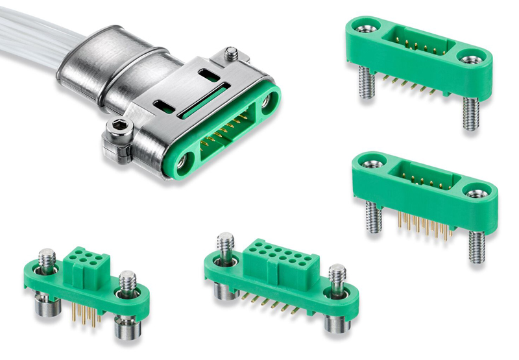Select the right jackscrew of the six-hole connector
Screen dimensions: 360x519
(x=126, y=285)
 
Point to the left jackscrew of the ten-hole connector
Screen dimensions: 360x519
(x=225, y=245)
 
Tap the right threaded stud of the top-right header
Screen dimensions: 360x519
(x=470, y=114)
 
